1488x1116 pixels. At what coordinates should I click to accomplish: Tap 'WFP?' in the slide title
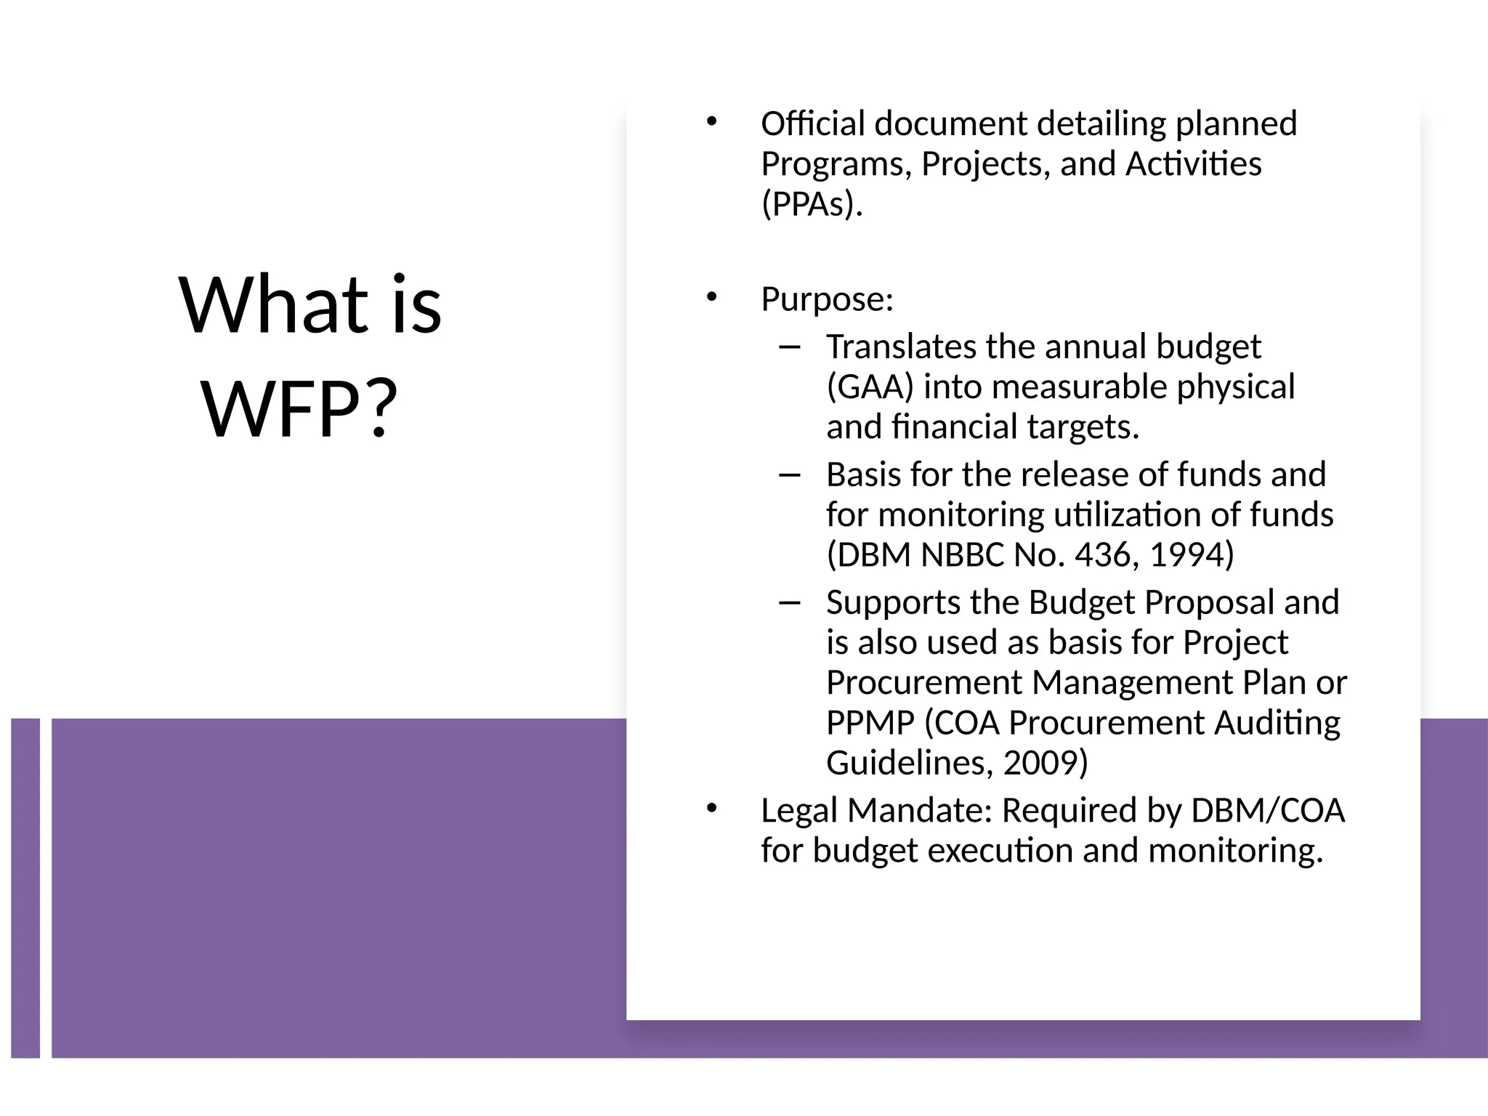299,408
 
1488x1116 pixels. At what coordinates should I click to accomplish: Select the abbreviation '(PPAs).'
812,204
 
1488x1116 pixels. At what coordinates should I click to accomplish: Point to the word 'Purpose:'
827,299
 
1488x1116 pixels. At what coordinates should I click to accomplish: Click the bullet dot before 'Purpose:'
711,296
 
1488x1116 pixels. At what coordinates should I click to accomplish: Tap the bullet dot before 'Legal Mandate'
711,808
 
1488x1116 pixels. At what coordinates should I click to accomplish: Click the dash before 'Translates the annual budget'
788,347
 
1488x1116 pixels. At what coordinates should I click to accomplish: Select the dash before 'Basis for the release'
788,475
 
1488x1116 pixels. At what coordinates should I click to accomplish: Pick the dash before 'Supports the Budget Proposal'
788,603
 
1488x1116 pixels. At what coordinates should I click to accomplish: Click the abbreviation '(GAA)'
870,387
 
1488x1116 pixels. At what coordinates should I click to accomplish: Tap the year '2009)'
1045,763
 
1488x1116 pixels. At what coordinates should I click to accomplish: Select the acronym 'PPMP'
870,723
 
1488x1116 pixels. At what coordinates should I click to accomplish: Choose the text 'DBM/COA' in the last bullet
1268,811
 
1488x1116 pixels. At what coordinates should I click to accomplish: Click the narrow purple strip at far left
25,887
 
